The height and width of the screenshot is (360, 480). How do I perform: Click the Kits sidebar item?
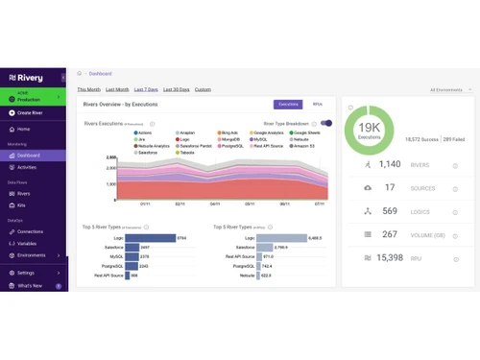pyautogui.click(x=22, y=204)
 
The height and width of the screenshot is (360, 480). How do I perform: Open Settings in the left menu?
pyautogui.click(x=26, y=273)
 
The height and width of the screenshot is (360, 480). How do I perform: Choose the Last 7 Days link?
pyautogui.click(x=146, y=89)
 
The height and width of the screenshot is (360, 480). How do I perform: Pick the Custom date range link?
pyautogui.click(x=203, y=89)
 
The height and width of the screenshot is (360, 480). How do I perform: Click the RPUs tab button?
pyautogui.click(x=317, y=104)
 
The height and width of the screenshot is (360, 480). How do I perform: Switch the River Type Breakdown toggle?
pyautogui.click(x=326, y=123)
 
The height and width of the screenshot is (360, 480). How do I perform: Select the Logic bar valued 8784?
pyautogui.click(x=149, y=237)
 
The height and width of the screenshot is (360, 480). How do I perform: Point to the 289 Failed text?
pyautogui.click(x=453, y=139)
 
